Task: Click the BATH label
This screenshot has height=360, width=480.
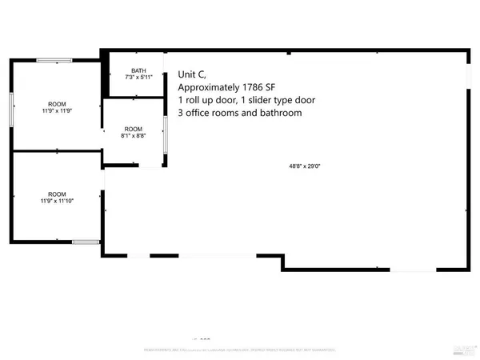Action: [x=138, y=70]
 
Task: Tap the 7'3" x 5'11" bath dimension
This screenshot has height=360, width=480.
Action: [x=138, y=78]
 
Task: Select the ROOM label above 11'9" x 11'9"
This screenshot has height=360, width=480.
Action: [x=57, y=103]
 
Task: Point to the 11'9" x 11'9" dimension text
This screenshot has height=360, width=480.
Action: [x=57, y=111]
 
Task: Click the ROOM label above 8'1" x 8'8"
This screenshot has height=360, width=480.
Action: [x=133, y=130]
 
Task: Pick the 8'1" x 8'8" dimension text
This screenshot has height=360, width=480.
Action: [x=133, y=137]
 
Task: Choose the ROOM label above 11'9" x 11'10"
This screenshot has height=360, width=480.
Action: [x=57, y=194]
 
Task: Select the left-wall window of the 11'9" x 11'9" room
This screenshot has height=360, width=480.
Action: [x=11, y=108]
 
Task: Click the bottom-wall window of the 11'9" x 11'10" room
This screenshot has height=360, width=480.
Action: [x=83, y=241]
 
